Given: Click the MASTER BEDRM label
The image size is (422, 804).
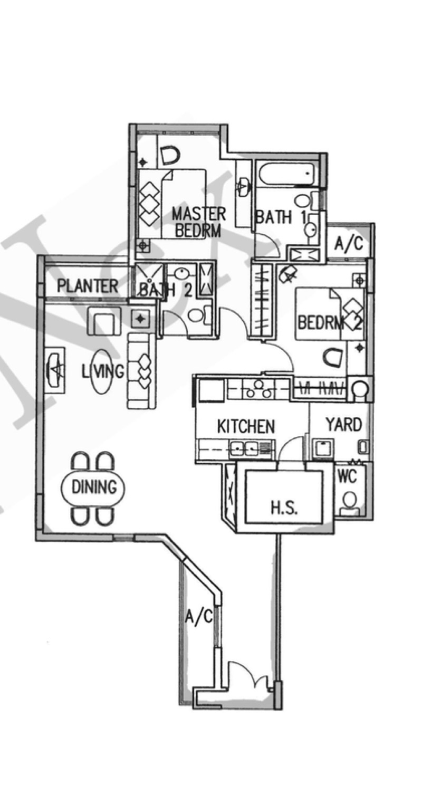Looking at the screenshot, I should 198,222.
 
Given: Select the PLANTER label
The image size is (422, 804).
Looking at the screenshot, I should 88,286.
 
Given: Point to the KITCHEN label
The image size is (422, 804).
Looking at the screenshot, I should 246,426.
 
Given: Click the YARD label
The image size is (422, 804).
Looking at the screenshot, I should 343,425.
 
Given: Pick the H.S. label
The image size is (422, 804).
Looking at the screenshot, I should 284,508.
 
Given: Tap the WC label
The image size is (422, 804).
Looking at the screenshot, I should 347,476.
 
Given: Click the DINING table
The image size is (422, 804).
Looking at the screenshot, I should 93,487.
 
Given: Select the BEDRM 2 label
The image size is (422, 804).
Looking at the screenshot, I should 329,321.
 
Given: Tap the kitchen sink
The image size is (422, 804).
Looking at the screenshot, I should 245,449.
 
